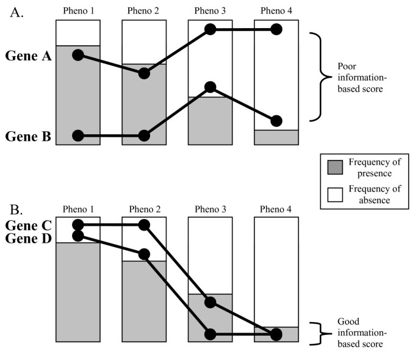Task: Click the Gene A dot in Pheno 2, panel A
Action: click(x=144, y=73)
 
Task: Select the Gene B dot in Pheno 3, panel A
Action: click(x=211, y=87)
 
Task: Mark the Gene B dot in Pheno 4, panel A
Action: click(x=276, y=120)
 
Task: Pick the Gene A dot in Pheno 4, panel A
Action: click(x=276, y=29)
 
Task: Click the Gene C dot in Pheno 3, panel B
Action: click(x=211, y=302)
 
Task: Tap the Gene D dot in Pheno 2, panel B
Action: click(x=144, y=253)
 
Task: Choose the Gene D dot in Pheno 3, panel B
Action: click(x=211, y=334)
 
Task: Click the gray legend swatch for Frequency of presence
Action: click(x=335, y=167)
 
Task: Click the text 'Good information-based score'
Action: click(x=360, y=334)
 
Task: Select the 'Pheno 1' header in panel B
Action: click(x=77, y=209)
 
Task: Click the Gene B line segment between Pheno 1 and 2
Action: click(x=110, y=135)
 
